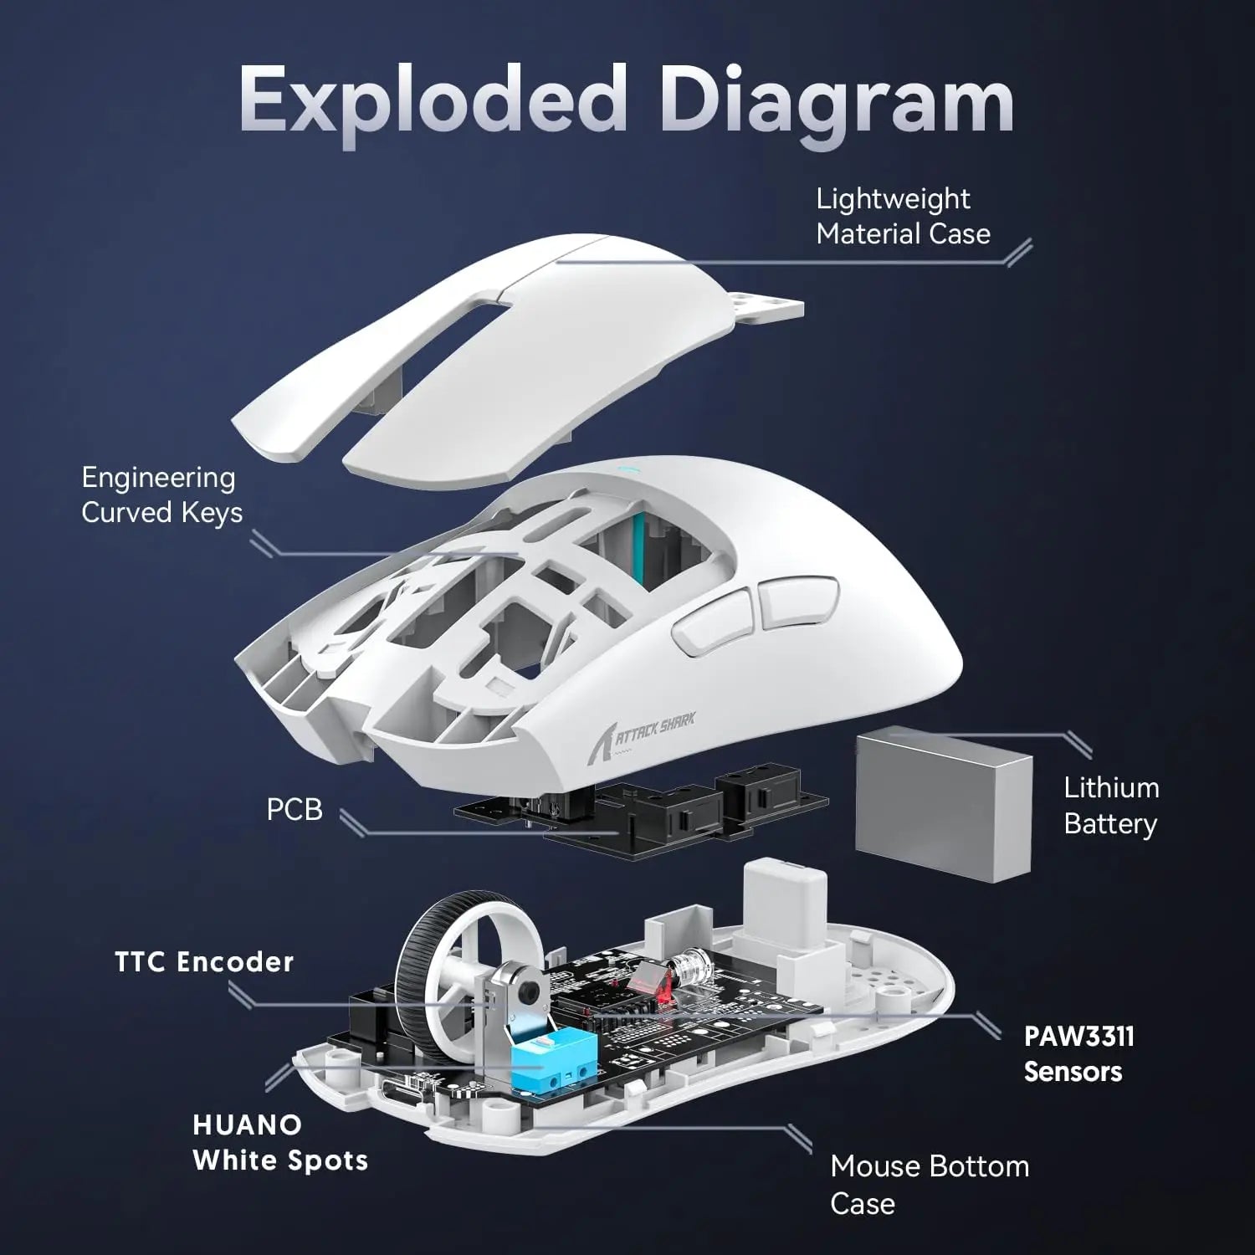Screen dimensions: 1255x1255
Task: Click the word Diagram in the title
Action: point(837,105)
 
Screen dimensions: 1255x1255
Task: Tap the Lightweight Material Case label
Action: point(902,216)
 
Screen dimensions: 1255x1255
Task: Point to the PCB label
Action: point(294,810)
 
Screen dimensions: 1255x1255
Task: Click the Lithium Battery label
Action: point(1110,805)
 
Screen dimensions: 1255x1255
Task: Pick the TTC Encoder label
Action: point(204,961)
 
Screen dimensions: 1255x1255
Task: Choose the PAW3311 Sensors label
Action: point(1078,1053)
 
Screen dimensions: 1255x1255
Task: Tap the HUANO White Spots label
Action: point(279,1142)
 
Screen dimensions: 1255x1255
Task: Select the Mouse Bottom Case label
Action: point(929,1184)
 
